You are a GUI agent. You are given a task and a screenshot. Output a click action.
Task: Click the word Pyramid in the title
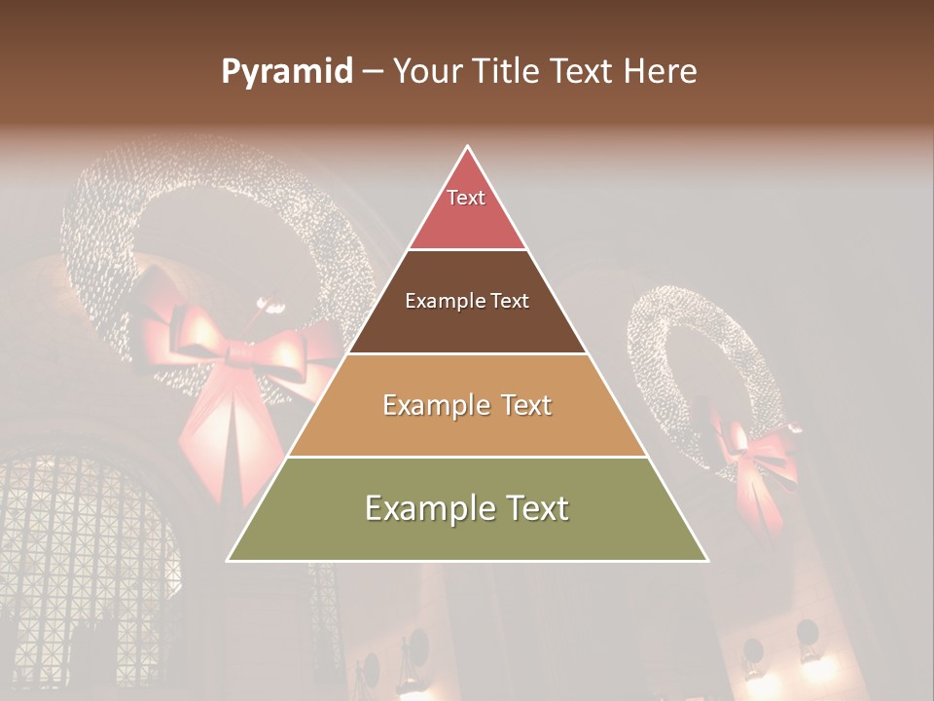[286, 72]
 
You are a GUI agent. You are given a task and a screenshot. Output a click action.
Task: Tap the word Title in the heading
[506, 72]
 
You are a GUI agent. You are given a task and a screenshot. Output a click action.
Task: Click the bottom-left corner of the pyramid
[229, 560]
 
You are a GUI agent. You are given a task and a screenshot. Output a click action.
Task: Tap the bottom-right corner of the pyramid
[707, 560]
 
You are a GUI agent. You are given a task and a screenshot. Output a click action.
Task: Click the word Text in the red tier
[466, 198]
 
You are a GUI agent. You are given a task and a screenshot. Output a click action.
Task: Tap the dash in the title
[373, 72]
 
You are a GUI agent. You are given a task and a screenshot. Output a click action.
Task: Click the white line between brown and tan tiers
[467, 353]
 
